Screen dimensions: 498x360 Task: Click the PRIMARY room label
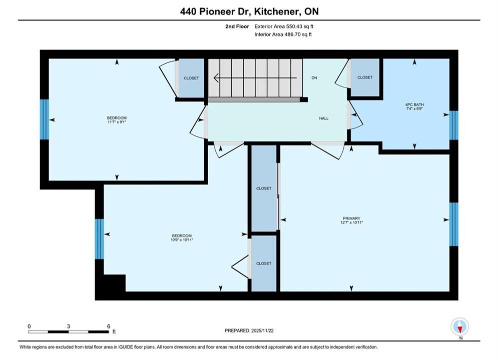click(x=351, y=218)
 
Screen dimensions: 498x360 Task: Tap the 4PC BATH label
click(x=414, y=104)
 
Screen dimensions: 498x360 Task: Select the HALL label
click(x=324, y=118)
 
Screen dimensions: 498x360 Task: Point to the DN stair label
click(x=314, y=77)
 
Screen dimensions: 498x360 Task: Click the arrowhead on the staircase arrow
click(x=216, y=77)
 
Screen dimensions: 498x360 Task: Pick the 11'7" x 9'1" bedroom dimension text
click(x=117, y=122)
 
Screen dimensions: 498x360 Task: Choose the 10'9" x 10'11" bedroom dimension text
click(x=182, y=240)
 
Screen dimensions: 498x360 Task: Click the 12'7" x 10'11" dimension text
click(x=351, y=222)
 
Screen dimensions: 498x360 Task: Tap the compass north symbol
click(x=459, y=326)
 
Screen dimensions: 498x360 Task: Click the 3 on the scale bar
click(x=68, y=326)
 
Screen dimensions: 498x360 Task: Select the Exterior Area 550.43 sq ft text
click(x=284, y=26)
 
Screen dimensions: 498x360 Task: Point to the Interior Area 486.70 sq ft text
click(x=283, y=34)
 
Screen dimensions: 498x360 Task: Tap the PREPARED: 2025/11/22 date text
click(x=249, y=330)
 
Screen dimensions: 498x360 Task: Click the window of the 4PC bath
click(x=454, y=125)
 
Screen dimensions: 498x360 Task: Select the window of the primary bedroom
click(x=454, y=224)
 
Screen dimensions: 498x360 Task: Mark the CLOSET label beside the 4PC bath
click(x=364, y=77)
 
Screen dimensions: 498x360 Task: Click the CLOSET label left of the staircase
click(x=191, y=78)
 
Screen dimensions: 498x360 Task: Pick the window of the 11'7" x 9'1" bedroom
click(x=45, y=119)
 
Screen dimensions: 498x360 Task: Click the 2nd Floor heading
click(x=237, y=26)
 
